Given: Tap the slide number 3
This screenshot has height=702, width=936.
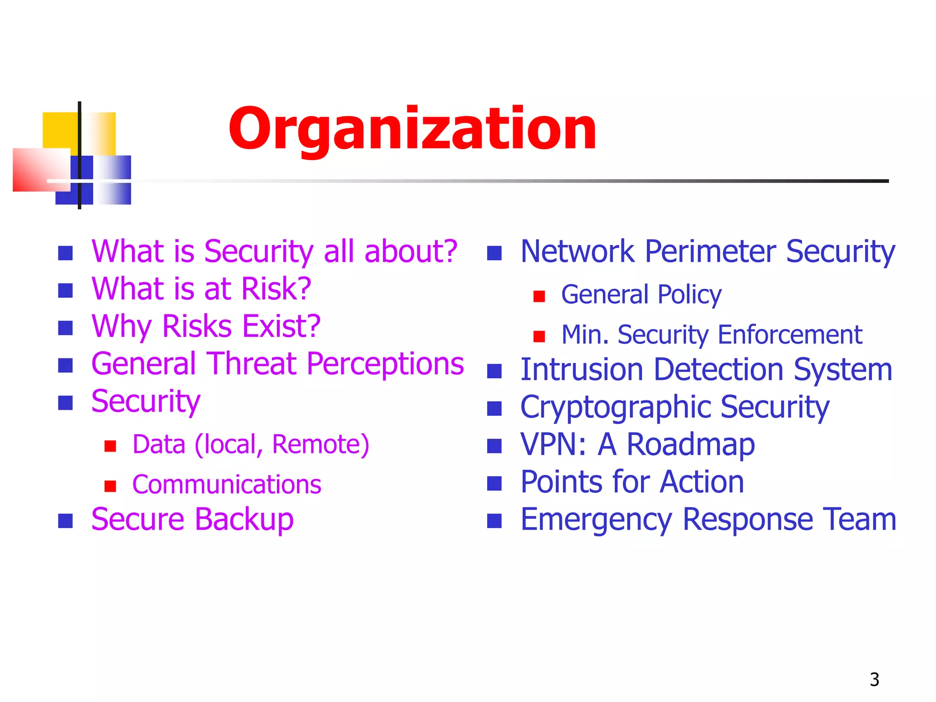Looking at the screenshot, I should pos(874,680).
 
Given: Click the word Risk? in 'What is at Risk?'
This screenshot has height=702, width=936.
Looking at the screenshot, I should pos(276,289).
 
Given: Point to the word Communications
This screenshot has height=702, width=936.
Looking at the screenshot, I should pos(227,484).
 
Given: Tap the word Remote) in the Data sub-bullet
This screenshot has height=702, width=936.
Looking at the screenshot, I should pos(320,444).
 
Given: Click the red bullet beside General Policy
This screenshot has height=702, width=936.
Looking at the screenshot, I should pos(539,297).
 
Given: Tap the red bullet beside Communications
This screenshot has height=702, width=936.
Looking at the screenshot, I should pos(110,486).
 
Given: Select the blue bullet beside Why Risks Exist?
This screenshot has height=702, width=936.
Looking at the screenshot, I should pos(65,328).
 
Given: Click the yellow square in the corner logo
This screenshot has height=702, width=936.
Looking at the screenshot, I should pos(59,129).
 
